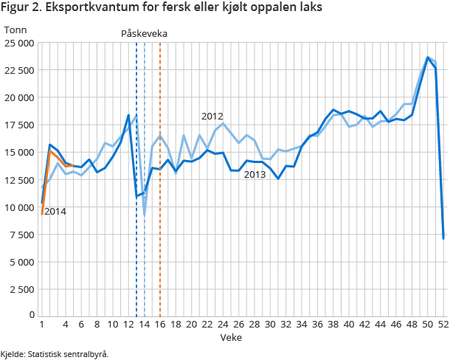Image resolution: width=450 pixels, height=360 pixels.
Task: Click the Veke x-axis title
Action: (229, 336)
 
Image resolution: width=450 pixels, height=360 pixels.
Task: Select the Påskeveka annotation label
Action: (145, 34)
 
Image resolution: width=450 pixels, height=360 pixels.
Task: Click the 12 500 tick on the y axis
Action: (19, 179)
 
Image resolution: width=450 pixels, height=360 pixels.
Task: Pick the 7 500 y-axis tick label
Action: (22, 234)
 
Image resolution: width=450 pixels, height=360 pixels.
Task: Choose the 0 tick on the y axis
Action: (31, 316)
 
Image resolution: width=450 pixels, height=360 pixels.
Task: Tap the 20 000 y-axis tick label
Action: (19, 97)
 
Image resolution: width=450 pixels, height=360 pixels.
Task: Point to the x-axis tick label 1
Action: (42, 324)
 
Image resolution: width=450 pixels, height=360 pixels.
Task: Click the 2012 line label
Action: (212, 116)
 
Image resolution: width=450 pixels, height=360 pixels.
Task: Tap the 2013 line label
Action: (255, 174)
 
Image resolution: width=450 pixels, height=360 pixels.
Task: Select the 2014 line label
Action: (55, 212)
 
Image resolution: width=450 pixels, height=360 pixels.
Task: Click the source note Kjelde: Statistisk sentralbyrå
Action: (55, 353)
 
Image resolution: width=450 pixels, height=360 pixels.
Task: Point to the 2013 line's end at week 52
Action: (443, 238)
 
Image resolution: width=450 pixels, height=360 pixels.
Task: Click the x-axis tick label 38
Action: (333, 324)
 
